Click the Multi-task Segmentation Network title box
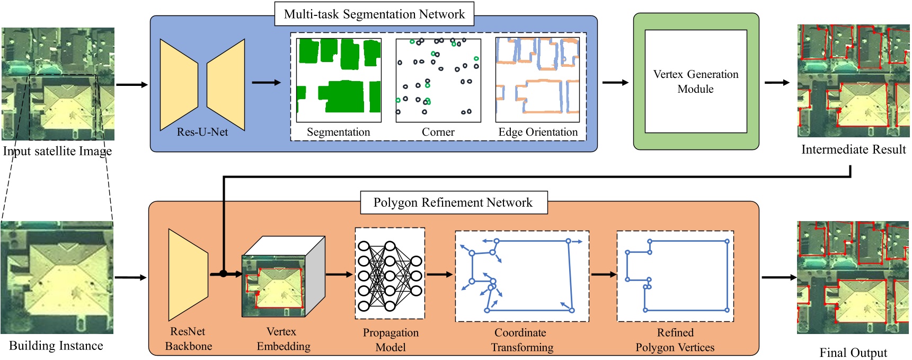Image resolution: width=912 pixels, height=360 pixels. [x=374, y=14]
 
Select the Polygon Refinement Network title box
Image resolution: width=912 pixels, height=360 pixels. [x=453, y=203]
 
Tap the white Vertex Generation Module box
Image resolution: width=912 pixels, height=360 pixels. [x=695, y=81]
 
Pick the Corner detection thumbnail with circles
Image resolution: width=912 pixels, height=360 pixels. [x=438, y=80]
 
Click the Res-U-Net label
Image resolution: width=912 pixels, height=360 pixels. [x=202, y=132]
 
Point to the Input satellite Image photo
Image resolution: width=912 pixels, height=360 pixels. [x=58, y=84]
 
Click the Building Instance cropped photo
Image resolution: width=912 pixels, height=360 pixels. [x=57, y=278]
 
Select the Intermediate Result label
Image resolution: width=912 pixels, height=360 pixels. [x=853, y=150]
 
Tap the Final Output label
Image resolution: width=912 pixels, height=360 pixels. [x=853, y=353]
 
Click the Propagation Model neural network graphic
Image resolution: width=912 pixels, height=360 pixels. [x=389, y=274]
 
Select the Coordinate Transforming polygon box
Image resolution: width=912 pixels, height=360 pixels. [x=522, y=276]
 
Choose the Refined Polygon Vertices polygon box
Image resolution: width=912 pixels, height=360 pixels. [x=675, y=276]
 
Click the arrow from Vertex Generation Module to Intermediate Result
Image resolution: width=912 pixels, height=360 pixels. [x=776, y=83]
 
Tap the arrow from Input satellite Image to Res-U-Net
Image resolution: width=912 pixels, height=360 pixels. [x=131, y=84]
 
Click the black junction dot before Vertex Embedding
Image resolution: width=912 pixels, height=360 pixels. [x=224, y=274]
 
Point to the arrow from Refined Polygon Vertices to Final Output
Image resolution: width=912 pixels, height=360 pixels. [x=778, y=277]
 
